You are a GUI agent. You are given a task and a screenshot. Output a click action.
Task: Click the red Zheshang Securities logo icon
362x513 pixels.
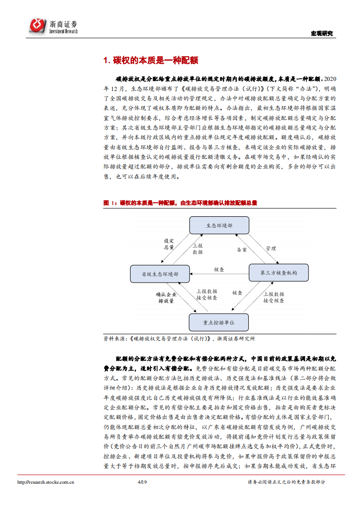click(x=38, y=26)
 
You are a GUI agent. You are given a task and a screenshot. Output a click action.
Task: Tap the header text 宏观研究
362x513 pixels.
click(x=322, y=33)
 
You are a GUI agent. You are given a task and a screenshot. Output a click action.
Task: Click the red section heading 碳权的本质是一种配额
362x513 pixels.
click(x=150, y=60)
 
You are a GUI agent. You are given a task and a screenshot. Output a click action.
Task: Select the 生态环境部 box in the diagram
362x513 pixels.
click(x=219, y=225)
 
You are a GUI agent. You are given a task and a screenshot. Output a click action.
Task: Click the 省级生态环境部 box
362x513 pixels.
click(x=160, y=273)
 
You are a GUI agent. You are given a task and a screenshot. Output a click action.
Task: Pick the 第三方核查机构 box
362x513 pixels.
click(x=278, y=273)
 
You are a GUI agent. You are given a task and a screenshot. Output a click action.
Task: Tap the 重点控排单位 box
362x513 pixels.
click(x=219, y=322)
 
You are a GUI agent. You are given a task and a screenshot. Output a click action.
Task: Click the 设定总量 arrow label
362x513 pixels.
click(x=169, y=244)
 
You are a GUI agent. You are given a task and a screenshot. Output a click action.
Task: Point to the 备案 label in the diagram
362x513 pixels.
click(x=242, y=250)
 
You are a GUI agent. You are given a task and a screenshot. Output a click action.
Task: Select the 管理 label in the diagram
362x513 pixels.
click(x=271, y=249)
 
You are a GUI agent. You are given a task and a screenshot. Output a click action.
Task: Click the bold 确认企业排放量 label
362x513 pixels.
click(x=166, y=298)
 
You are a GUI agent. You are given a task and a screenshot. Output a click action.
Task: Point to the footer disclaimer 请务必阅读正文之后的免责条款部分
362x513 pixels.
click(x=286, y=482)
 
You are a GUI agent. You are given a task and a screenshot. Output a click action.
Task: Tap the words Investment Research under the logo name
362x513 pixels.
click(x=63, y=31)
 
